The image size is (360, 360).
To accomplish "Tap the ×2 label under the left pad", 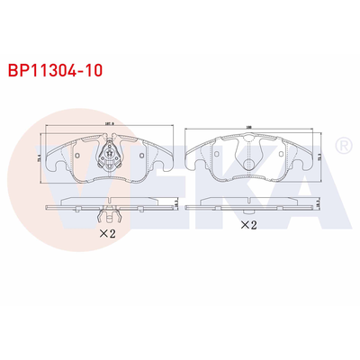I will coord(107,233).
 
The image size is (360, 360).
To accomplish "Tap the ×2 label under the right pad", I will coord(247,225).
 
